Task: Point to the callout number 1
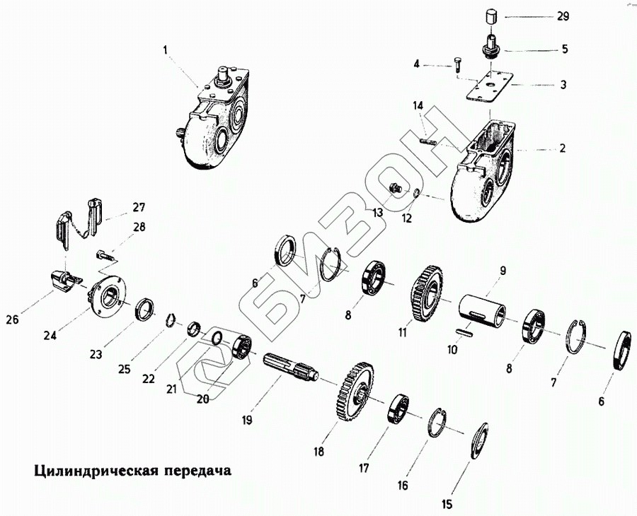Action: (165, 50)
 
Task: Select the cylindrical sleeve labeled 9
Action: (483, 311)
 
